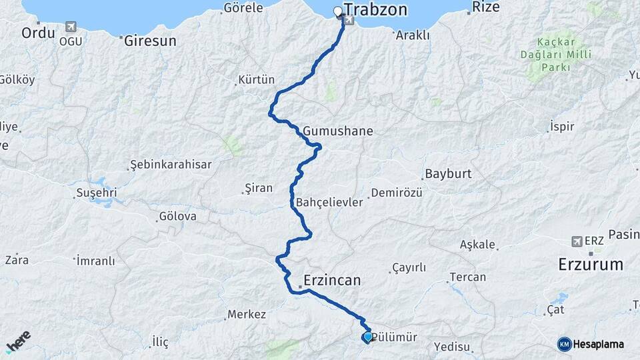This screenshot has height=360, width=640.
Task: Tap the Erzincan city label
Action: (x=331, y=279)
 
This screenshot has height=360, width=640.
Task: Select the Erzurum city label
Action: (x=590, y=264)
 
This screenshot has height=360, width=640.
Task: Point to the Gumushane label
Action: (x=337, y=131)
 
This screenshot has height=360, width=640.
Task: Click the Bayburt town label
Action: (x=447, y=174)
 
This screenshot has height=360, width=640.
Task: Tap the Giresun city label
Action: (x=151, y=41)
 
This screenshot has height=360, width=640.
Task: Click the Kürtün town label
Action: (x=255, y=79)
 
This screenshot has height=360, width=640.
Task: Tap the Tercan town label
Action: (x=467, y=277)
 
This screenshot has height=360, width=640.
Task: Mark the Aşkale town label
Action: (x=477, y=245)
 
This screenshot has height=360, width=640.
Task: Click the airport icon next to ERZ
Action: (x=577, y=241)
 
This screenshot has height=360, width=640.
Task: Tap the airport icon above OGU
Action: (x=71, y=27)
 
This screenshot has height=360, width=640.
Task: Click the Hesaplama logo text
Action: (x=598, y=344)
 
